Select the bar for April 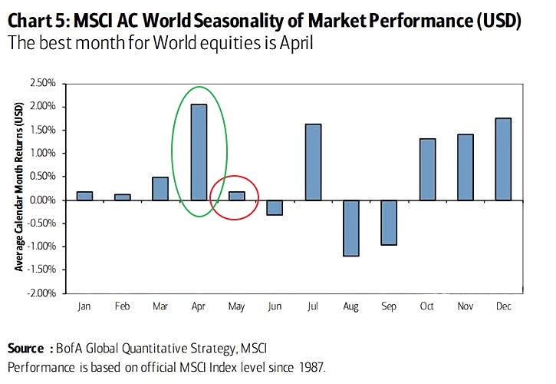point(199,152)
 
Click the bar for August point(351,227)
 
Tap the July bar point(313,161)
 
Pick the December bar point(503,158)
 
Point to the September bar point(390,222)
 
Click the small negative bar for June point(275,207)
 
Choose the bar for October point(427,169)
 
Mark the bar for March point(160,188)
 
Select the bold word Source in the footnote point(26,350)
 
